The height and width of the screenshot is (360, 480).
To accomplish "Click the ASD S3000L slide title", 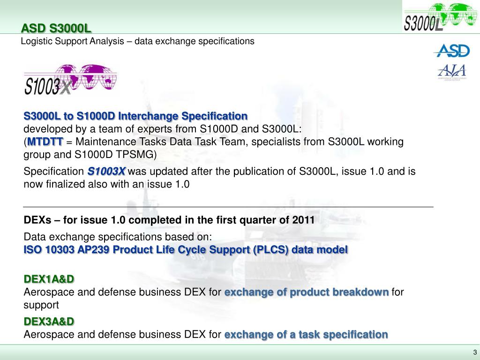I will [56, 29].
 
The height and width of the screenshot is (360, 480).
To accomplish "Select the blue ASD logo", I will [451, 50].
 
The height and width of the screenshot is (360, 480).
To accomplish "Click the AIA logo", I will [452, 72].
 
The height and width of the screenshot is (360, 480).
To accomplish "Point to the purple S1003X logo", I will [70, 80].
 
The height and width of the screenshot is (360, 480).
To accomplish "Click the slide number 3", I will [474, 352].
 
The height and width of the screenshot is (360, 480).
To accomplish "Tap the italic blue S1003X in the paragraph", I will [106, 172].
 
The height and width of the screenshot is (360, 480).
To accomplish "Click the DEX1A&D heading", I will [49, 279].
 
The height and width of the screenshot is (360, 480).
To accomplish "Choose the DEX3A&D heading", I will [49, 322].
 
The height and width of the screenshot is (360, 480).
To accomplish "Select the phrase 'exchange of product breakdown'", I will [307, 292].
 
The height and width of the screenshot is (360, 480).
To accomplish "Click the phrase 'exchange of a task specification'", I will [306, 335].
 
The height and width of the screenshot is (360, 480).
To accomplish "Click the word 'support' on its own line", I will [41, 305].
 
